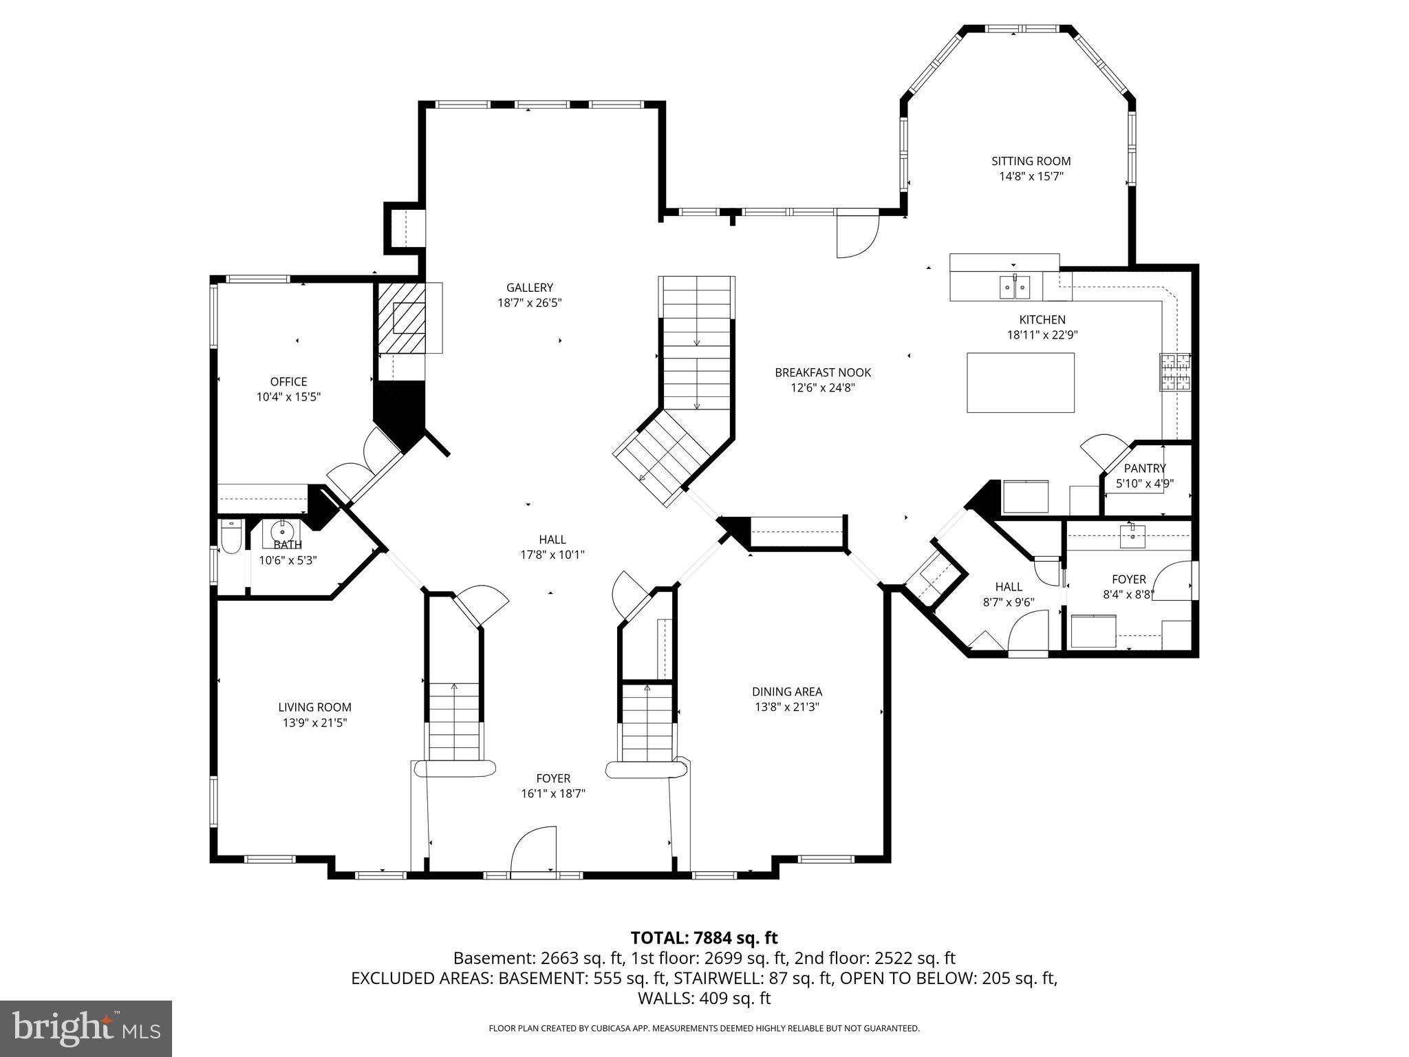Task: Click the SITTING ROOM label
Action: click(1031, 161)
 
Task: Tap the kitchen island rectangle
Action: click(1020, 383)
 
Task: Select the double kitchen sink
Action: click(1014, 286)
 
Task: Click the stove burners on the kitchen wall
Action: click(1175, 372)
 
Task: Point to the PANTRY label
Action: click(1145, 469)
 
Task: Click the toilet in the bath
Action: click(229, 537)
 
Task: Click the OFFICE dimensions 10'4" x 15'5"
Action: click(288, 397)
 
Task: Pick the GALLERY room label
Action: click(530, 288)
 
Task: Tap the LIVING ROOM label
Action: click(314, 707)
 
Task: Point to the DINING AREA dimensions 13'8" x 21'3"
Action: click(786, 707)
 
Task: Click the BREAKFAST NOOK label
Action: click(823, 372)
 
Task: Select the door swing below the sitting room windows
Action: click(857, 236)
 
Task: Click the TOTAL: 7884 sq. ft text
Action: click(704, 937)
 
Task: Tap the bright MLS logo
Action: click(86, 1028)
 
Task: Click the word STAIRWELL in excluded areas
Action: click(711, 978)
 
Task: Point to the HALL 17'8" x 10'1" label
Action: click(552, 540)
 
